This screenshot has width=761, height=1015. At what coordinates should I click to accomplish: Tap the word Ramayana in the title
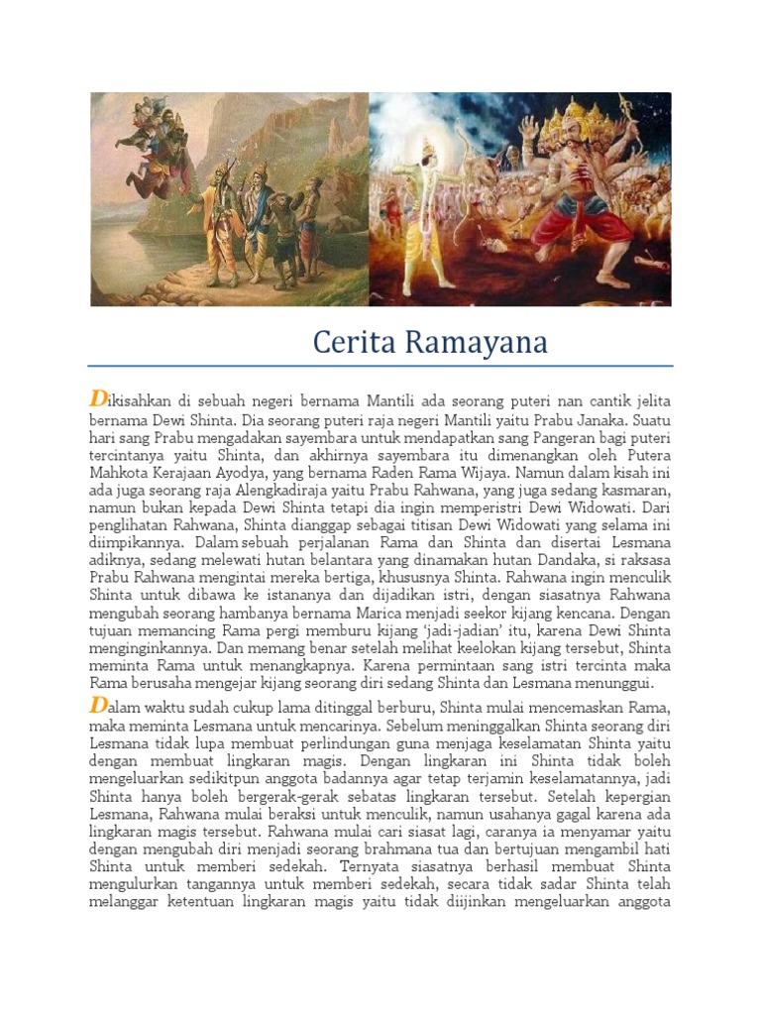[472, 343]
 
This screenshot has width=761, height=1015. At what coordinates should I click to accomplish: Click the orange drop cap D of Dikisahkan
[97, 398]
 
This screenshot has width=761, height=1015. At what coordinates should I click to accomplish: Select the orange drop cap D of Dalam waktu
[97, 705]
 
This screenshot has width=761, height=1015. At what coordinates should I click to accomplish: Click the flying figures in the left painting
[149, 129]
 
